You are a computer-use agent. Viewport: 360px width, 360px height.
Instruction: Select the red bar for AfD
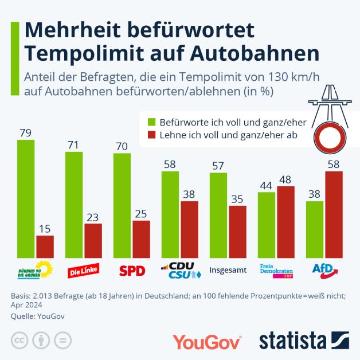point(334,214)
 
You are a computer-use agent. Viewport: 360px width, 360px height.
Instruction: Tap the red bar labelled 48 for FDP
point(285,222)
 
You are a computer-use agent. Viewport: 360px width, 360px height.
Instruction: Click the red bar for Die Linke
point(93,241)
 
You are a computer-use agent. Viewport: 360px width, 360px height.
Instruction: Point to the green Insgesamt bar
point(218,215)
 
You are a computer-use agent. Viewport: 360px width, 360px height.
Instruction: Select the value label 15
point(45,229)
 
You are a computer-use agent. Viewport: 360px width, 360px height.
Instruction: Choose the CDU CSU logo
point(180,270)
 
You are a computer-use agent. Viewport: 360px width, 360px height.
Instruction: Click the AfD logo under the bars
point(324,270)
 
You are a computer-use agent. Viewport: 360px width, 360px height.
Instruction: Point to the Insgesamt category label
point(228,270)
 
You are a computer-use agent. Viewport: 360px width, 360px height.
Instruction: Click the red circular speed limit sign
point(329,138)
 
